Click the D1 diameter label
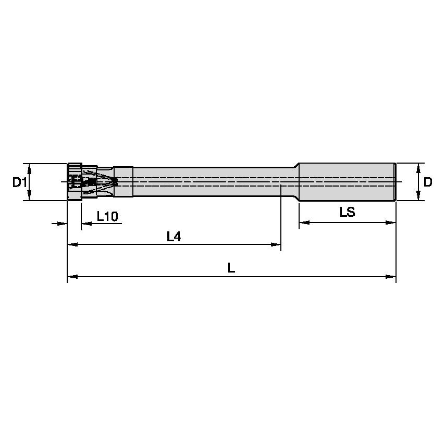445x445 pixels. pos(19,182)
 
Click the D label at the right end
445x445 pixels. pos(428,182)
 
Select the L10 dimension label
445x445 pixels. pos(107,216)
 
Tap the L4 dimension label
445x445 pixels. pos(174,237)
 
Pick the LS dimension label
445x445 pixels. pos(347,213)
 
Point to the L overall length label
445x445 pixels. pos(231,268)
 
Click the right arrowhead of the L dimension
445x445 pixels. pos(391,277)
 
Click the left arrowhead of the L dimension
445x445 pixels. pos(73,277)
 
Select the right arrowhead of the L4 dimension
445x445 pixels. pos(276,244)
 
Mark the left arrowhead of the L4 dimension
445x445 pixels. pos(73,244)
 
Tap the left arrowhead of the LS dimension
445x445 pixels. pos(304,223)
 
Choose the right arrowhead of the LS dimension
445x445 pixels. pos(391,223)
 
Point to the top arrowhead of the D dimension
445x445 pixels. pos(418,168)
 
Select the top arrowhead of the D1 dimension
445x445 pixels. pos(30,168)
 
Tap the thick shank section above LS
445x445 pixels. pos(347,181)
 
